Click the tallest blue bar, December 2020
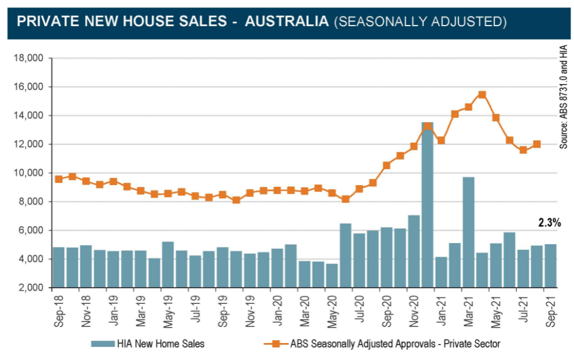[x=427, y=204]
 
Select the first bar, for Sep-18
[x=59, y=267]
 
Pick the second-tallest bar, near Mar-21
[x=468, y=232]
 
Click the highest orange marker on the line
[x=482, y=95]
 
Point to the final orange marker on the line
[x=536, y=144]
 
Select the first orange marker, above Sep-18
[x=59, y=179]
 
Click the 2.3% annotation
[x=550, y=223]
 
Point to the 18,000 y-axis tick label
[x=28, y=58]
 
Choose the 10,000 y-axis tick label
[x=28, y=173]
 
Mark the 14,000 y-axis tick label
[x=28, y=115]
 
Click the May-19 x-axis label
[x=168, y=311]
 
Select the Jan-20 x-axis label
[x=278, y=311]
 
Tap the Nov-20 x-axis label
[x=414, y=311]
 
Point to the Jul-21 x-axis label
[x=524, y=311]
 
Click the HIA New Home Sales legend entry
[x=148, y=344]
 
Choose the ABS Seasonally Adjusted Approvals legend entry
[x=386, y=344]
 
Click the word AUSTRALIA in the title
[x=287, y=22]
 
